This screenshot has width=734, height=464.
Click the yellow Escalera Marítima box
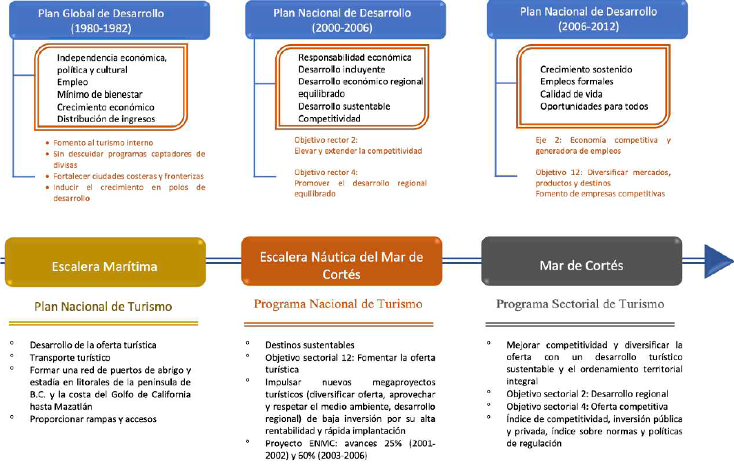click(105, 266)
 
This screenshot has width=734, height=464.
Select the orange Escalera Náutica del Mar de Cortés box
click(341, 266)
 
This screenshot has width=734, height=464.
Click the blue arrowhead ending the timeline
click(718, 259)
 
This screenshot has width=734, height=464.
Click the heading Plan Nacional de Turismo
click(104, 306)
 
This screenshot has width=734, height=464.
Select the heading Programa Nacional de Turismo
click(338, 304)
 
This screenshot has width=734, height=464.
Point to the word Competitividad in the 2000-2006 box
click(329, 119)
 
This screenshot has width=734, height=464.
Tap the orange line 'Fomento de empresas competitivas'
click(600, 194)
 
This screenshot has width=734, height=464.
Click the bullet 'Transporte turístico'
click(70, 358)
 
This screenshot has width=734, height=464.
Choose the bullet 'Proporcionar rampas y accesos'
click(93, 419)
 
